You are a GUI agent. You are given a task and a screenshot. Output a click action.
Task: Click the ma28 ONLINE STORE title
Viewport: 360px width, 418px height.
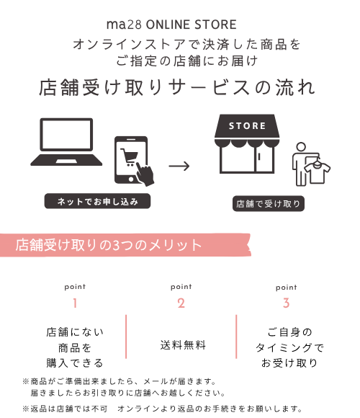[171, 25]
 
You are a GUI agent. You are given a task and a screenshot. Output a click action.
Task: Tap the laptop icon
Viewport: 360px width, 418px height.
[66, 142]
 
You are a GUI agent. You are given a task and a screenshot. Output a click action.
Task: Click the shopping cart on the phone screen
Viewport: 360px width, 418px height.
[130, 157]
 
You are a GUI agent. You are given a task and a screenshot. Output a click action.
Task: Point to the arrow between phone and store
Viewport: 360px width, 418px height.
[179, 166]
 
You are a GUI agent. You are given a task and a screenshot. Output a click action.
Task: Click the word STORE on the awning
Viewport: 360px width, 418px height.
[247, 126]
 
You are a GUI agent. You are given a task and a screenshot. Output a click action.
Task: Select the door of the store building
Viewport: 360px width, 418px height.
[264, 159]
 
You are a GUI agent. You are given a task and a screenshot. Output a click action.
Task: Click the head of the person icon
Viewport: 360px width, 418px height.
[301, 147]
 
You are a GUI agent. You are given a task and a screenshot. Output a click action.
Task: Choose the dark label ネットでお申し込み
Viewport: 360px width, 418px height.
[97, 201]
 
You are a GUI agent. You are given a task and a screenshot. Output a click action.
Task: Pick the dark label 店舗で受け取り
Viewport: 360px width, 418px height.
[269, 204]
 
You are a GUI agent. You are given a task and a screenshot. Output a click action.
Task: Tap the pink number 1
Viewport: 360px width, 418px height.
[75, 303]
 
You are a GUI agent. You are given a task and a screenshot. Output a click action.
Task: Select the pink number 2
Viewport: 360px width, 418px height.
[181, 303]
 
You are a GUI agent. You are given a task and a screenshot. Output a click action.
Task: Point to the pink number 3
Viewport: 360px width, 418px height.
[287, 303]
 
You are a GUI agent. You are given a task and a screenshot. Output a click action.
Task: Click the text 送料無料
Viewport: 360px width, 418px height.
[183, 345]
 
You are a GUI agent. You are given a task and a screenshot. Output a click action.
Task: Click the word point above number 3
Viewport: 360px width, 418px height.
[287, 288]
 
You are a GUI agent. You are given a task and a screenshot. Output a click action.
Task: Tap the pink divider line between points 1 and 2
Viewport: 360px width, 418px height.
[126, 337]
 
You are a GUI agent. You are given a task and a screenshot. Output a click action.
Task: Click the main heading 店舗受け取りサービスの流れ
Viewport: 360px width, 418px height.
[177, 87]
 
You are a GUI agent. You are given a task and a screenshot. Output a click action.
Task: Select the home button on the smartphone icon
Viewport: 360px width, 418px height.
[131, 179]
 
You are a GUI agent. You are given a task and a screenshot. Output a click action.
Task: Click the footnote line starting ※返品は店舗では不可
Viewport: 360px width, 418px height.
[162, 409]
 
